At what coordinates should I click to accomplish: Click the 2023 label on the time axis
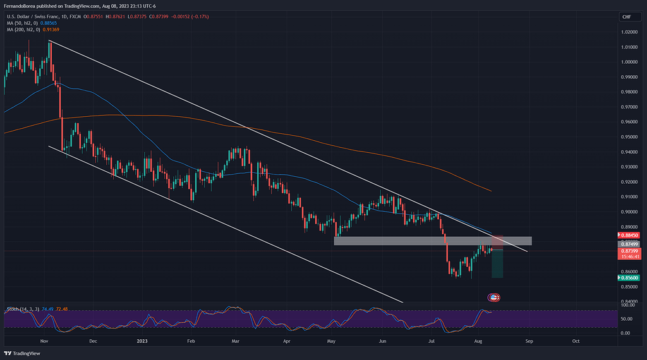point(142,340)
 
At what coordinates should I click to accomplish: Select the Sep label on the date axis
point(529,340)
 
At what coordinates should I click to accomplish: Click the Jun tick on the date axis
point(382,340)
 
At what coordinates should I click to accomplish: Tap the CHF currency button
point(627,16)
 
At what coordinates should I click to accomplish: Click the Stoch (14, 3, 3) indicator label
point(23,309)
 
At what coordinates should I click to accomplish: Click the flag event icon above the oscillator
point(494,297)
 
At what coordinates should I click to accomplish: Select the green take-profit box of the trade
point(497,263)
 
